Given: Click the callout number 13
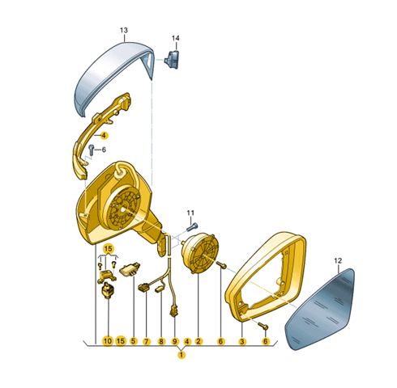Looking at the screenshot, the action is click(124, 31).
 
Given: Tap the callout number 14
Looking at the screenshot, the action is click(176, 38).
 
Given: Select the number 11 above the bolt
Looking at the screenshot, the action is click(190, 213).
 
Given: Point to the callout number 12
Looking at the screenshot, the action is click(338, 260).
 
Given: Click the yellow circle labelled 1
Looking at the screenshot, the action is click(181, 355).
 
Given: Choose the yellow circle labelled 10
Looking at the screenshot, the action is click(108, 341).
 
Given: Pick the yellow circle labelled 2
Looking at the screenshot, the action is click(198, 341).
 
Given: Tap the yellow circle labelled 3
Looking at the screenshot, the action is click(242, 342).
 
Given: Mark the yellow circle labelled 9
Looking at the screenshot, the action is click(175, 342).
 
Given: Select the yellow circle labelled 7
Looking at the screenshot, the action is click(146, 342).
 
